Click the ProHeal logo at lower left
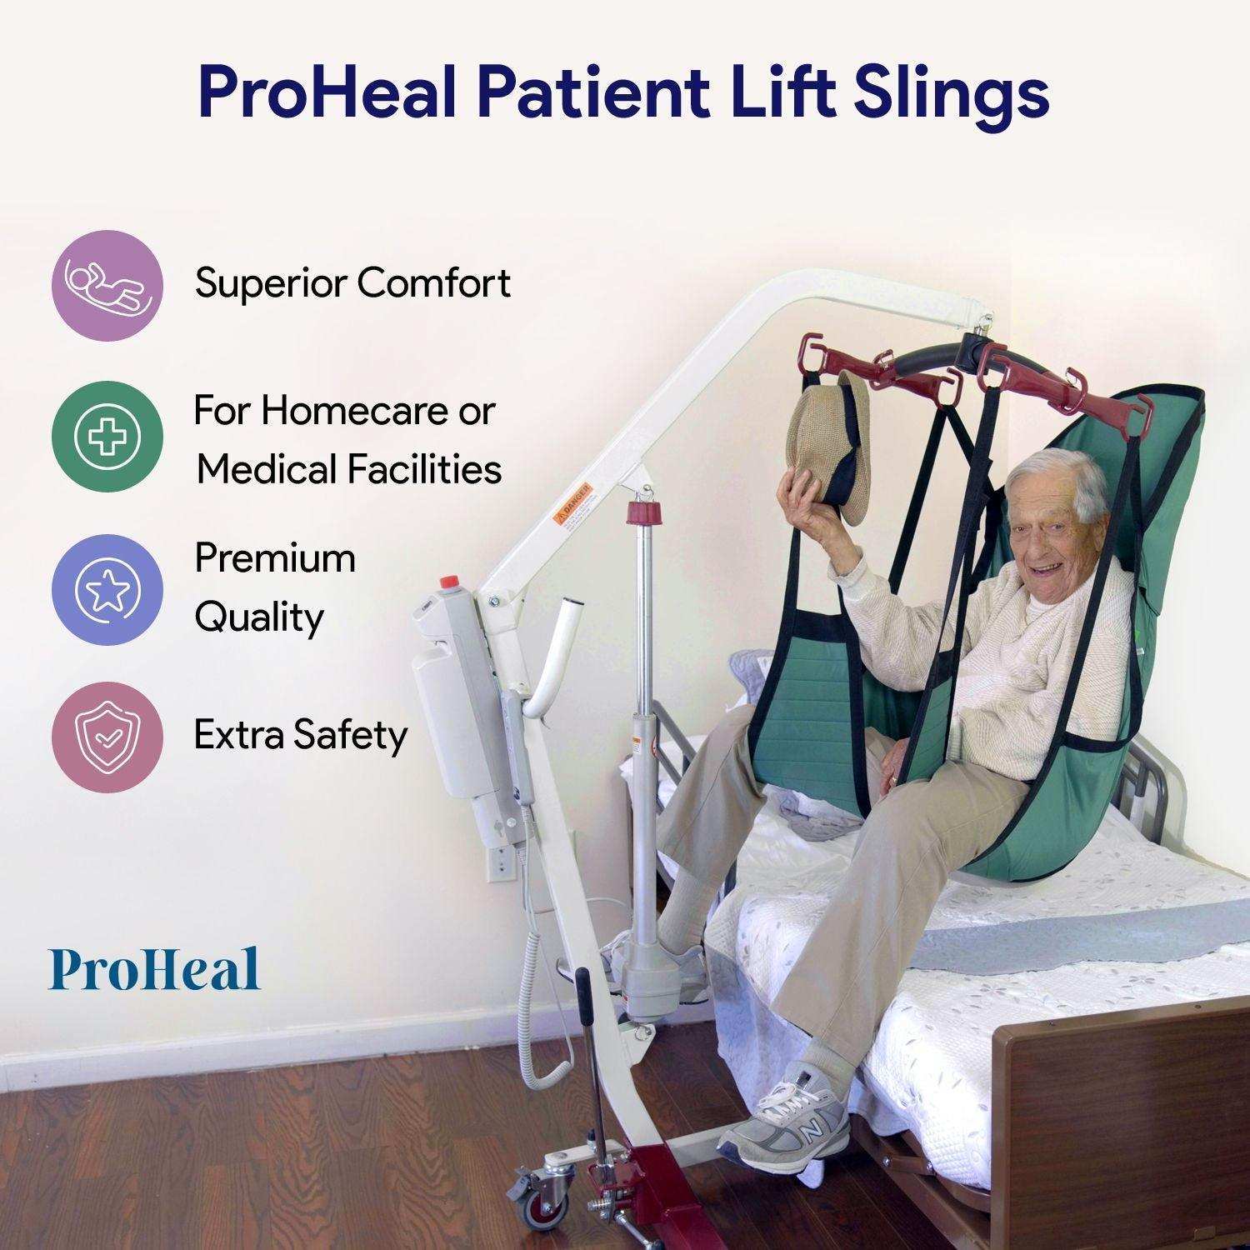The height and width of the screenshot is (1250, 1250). pyautogui.click(x=155, y=969)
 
